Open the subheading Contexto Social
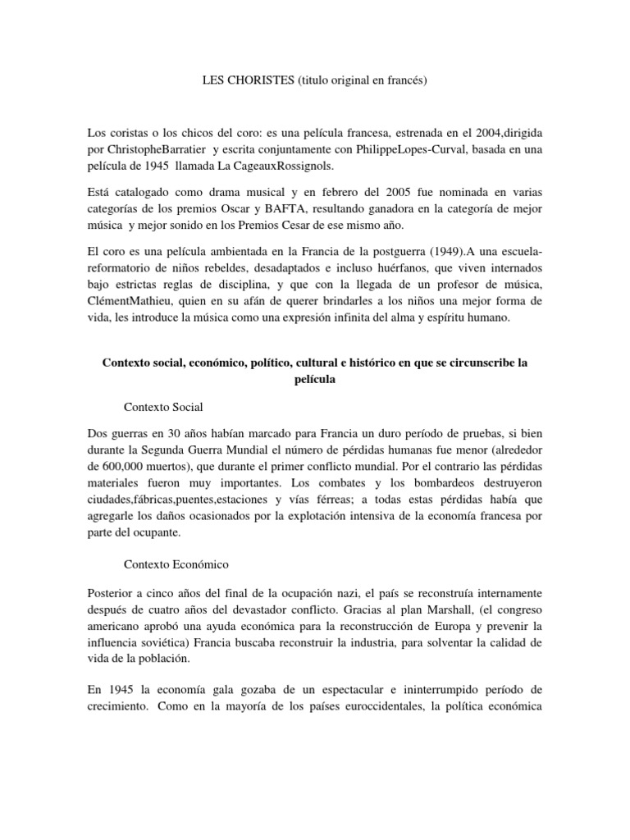[163, 406]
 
